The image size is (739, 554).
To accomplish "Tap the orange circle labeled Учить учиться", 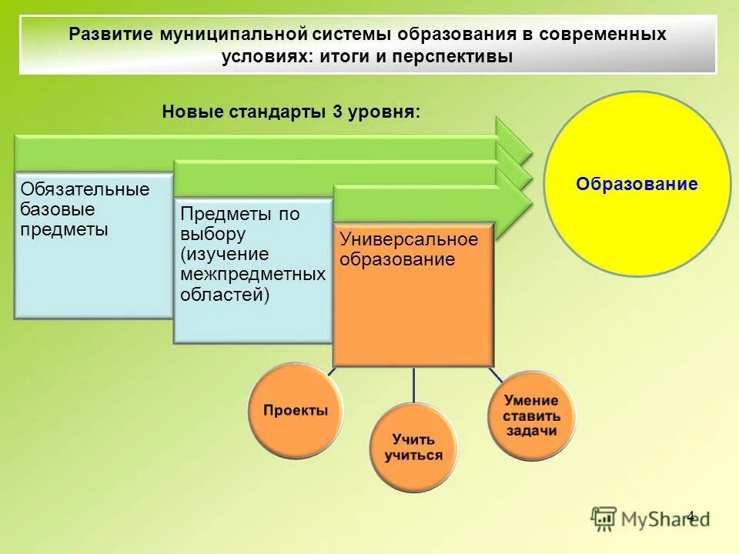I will [413, 447].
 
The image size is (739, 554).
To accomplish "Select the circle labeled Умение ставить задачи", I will [531, 415].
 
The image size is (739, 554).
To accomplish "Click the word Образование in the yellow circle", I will [637, 185].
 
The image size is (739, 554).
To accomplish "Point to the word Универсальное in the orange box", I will [409, 239].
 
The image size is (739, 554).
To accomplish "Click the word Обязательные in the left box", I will [85, 189].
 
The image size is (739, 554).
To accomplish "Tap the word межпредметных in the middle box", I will [252, 274].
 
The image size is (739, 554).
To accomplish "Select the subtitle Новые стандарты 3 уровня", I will [291, 111].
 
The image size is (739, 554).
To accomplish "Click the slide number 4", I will [690, 516].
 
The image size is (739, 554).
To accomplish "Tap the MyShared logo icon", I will [604, 519].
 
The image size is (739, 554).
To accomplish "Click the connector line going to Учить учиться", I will [414, 385].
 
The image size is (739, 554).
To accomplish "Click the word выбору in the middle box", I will [213, 234].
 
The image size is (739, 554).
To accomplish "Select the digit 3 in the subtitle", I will [337, 111].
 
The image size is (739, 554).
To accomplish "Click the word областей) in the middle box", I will [225, 294].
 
